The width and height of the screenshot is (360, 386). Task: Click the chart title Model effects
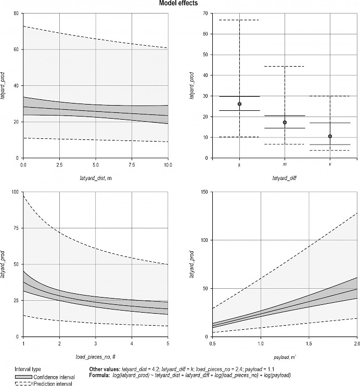point(180,4)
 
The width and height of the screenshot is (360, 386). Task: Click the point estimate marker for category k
point(239,104)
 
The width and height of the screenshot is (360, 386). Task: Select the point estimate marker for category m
point(285,122)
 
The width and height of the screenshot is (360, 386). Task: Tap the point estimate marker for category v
point(330,136)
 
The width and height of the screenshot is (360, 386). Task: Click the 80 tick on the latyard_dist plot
point(16,13)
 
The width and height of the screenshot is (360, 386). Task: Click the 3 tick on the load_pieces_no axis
point(96,344)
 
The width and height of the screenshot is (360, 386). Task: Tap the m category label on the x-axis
point(285,164)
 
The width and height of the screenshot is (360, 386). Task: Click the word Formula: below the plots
point(100,375)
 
